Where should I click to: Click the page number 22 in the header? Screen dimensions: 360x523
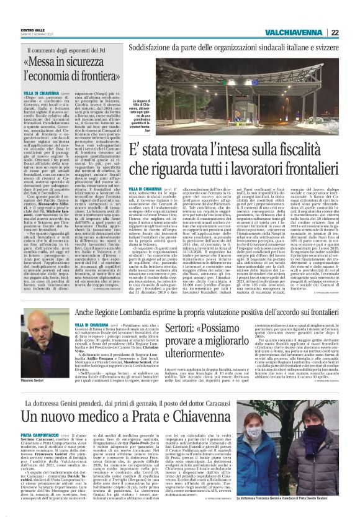(x=351, y=33)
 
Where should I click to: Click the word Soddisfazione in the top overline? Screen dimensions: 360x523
(x=159, y=45)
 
